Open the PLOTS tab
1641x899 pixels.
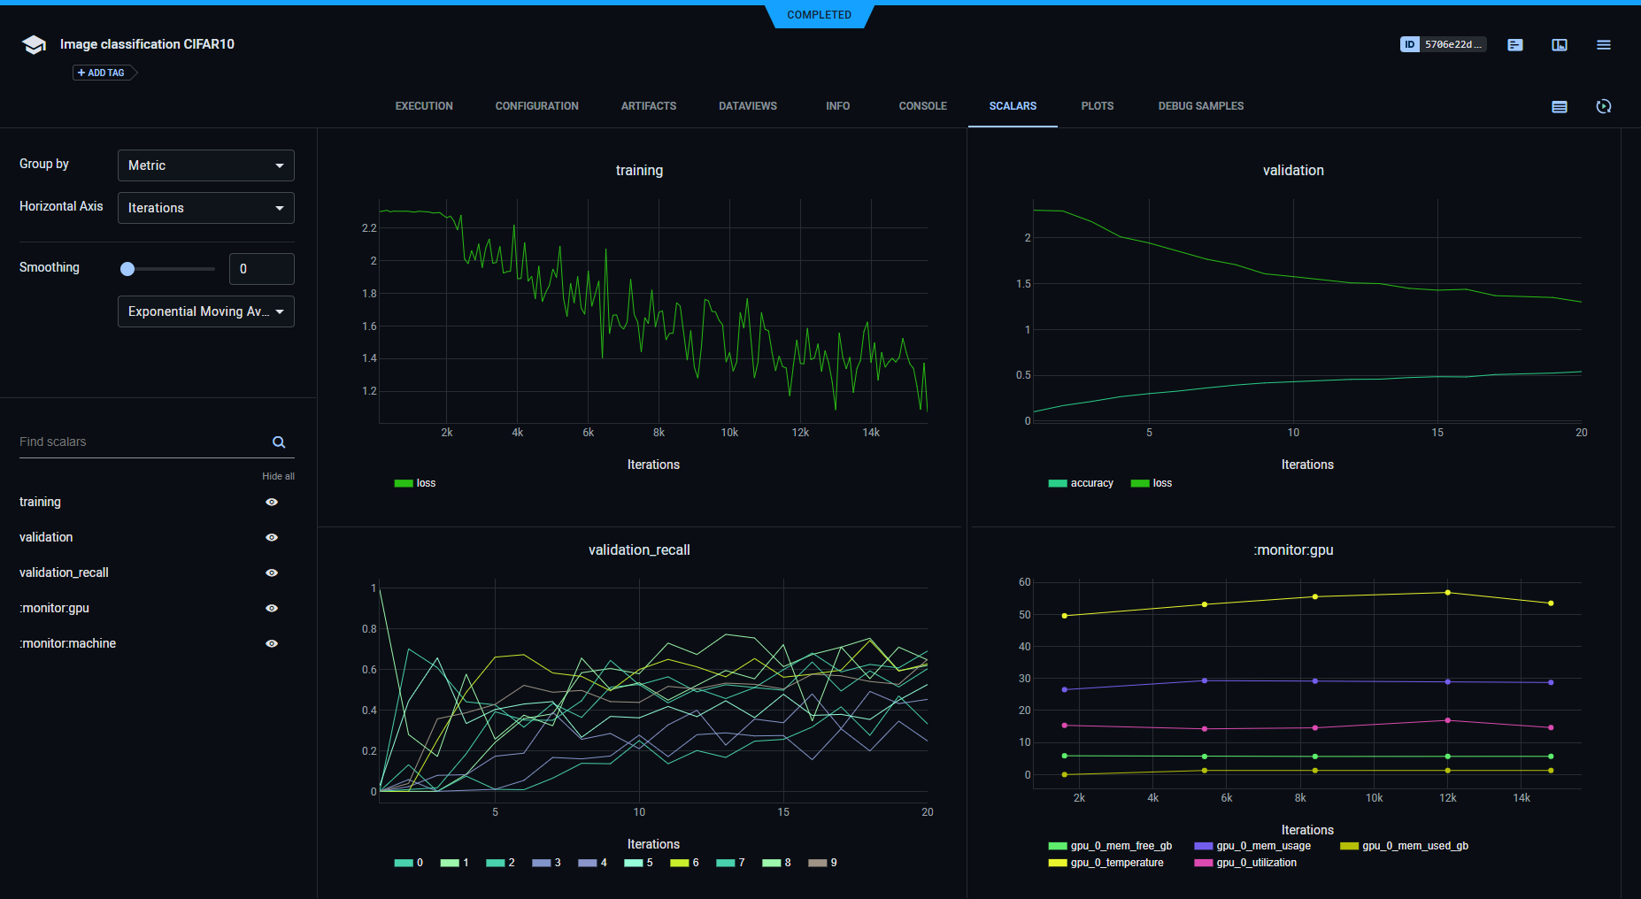(x=1097, y=106)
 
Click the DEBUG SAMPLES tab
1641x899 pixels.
(x=1200, y=106)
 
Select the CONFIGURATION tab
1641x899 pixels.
(x=536, y=106)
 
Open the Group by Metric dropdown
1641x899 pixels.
(x=205, y=165)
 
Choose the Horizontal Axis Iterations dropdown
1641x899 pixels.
(x=205, y=208)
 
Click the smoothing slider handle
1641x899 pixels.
(x=127, y=269)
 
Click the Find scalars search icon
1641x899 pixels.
(x=279, y=442)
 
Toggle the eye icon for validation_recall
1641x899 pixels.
(x=272, y=572)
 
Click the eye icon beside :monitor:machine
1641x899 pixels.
(x=272, y=643)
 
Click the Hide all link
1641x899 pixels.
(x=278, y=476)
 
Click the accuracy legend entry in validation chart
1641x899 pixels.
(x=1081, y=483)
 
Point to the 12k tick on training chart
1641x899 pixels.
(x=800, y=433)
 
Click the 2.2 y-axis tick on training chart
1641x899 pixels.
(x=369, y=228)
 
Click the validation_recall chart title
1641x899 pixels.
(x=639, y=550)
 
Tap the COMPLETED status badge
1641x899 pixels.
(x=820, y=15)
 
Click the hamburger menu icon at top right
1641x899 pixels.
(x=1603, y=44)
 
